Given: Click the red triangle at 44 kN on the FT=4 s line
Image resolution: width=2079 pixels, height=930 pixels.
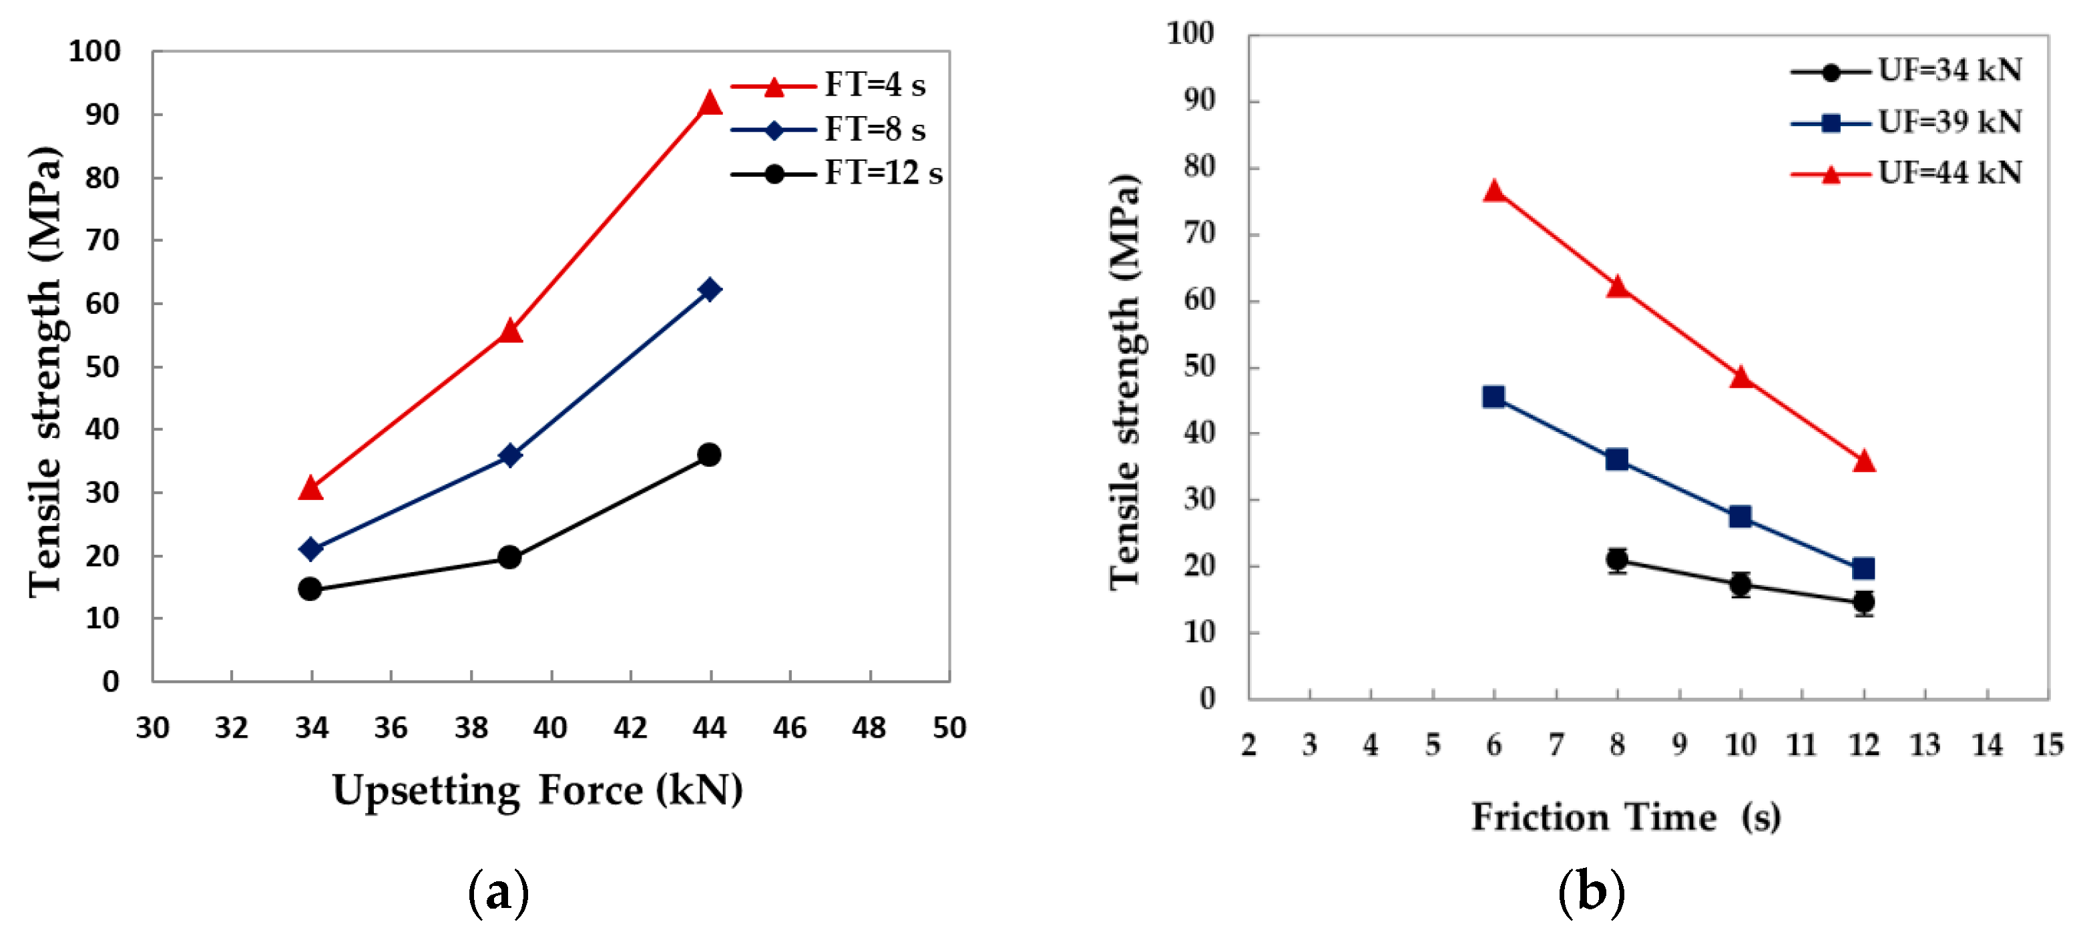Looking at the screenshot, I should (x=710, y=103).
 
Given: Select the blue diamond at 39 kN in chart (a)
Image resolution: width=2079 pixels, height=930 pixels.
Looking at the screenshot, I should (x=509, y=455).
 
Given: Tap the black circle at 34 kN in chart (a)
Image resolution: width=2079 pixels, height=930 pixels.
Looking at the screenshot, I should (x=310, y=589).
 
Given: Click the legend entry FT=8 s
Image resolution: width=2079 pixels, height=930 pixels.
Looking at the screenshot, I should (x=874, y=129).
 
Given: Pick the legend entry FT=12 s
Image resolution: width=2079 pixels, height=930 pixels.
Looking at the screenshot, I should (x=883, y=173).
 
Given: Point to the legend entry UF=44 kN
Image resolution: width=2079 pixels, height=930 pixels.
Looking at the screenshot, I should (x=1949, y=173).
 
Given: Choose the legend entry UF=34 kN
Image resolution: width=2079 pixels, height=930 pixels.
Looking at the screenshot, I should (x=1949, y=70).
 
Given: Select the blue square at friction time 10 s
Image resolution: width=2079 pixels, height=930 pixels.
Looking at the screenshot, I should (x=1740, y=517).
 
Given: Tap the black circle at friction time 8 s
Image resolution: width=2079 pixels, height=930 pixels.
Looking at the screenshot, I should (x=1616, y=559).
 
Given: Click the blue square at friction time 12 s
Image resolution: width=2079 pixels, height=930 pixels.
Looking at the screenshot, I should (x=1863, y=568).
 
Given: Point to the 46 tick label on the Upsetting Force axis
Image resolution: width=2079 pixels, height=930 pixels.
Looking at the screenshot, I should (x=789, y=728).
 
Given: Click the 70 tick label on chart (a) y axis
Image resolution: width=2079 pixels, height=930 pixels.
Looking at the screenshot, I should (x=103, y=240).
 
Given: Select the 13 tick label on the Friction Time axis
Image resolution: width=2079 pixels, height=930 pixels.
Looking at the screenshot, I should (x=1925, y=744).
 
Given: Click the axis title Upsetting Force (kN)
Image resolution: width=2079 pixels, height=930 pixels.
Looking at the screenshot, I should (x=537, y=790).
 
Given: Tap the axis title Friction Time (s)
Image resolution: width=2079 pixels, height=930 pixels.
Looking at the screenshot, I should (x=1626, y=817).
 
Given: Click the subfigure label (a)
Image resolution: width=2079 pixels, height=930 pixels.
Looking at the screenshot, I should (x=499, y=893).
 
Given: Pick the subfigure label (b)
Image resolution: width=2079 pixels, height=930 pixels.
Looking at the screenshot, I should (x=1591, y=893).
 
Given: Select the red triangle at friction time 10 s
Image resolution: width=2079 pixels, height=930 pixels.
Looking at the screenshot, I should (x=1740, y=378).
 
